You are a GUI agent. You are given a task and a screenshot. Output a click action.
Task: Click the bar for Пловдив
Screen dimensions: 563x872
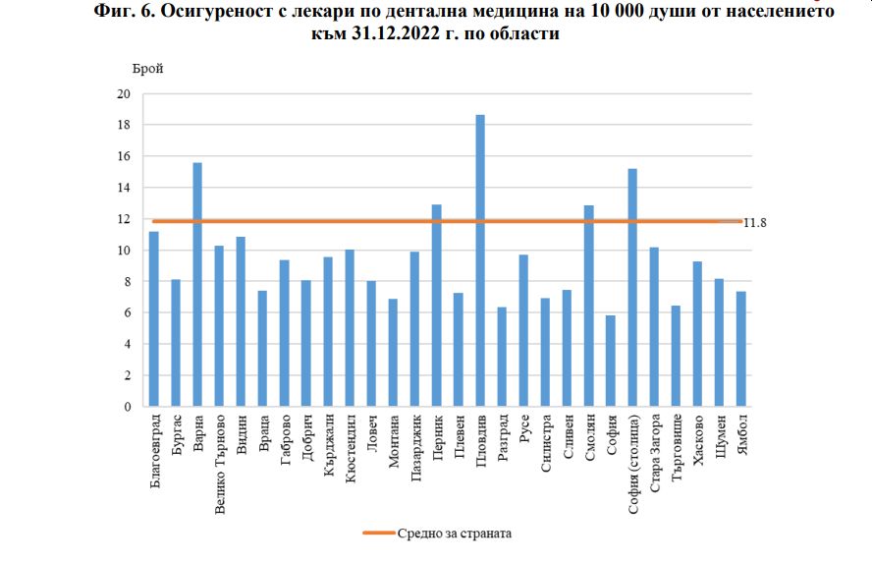(x=480, y=260)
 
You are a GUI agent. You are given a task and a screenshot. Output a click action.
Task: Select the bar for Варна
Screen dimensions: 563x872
(x=197, y=284)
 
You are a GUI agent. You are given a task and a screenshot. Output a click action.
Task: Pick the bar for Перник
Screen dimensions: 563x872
(x=437, y=306)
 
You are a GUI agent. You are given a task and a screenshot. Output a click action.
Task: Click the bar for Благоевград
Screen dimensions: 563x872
(x=154, y=318)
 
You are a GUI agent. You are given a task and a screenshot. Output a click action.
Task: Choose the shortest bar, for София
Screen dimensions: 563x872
(x=611, y=361)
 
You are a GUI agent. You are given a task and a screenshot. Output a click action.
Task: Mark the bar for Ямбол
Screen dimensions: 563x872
(x=741, y=349)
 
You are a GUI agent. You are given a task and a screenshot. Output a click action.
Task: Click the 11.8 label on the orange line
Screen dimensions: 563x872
(x=754, y=223)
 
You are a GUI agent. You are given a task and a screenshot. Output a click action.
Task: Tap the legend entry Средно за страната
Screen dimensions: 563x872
(x=455, y=534)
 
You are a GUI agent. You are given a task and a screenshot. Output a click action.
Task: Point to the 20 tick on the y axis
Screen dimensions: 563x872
(x=124, y=94)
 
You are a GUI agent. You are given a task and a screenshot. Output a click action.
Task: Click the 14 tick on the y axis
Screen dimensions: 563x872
(x=124, y=188)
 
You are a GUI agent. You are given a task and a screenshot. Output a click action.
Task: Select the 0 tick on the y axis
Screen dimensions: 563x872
(x=127, y=407)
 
